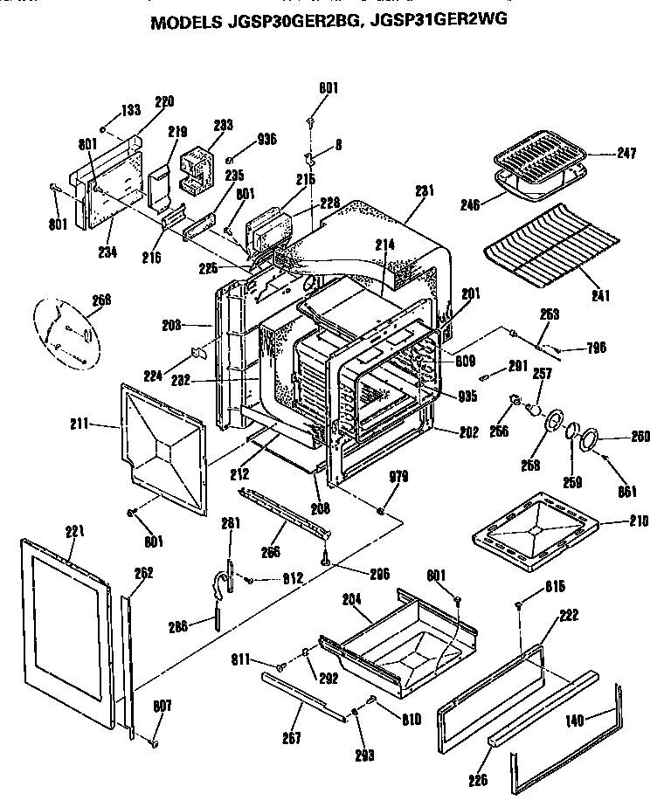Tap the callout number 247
[x=626, y=153]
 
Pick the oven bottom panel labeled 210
[x=534, y=532]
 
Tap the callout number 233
[x=224, y=125]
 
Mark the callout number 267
[x=291, y=738]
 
